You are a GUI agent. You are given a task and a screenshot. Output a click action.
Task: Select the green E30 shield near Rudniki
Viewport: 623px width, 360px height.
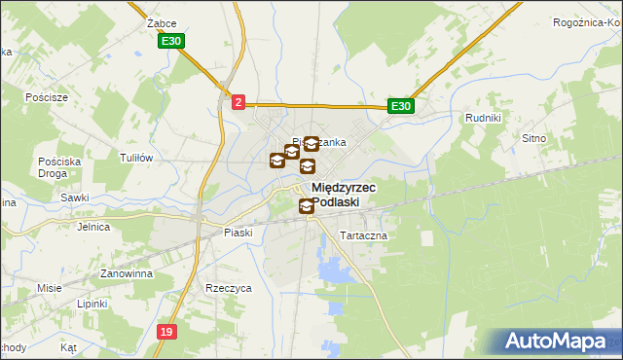(400, 106)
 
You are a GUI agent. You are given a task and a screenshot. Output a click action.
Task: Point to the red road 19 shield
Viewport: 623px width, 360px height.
(167, 332)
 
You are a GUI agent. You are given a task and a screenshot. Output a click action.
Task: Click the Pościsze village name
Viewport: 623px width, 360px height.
(48, 97)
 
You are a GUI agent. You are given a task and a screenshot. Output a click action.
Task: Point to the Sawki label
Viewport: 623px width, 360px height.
(75, 198)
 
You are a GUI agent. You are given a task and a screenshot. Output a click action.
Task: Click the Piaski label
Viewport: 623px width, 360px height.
(238, 233)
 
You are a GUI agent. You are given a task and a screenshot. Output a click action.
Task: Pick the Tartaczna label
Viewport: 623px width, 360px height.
(363, 236)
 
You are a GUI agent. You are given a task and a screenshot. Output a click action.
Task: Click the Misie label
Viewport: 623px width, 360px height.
(50, 288)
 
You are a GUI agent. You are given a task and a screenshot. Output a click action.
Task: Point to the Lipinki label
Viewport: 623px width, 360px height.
(92, 304)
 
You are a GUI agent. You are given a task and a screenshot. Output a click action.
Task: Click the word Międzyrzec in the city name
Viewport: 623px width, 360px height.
(344, 188)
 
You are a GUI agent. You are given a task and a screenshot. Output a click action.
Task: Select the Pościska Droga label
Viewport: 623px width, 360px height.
(50, 166)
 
